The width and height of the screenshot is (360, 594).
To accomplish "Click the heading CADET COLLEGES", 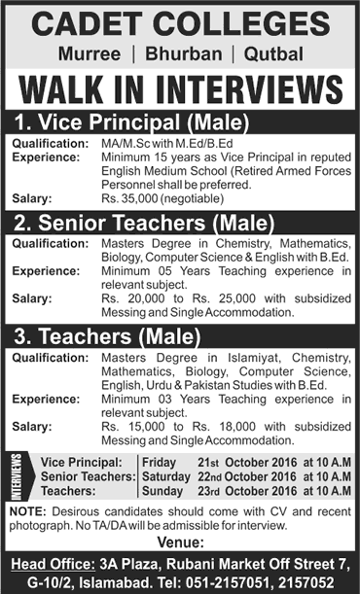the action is [x=180, y=21].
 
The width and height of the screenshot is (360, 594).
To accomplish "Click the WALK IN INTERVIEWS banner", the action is [x=180, y=87].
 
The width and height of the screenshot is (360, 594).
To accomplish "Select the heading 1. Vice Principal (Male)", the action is [x=136, y=122].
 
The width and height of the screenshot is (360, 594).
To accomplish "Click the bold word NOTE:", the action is [x=22, y=511].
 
